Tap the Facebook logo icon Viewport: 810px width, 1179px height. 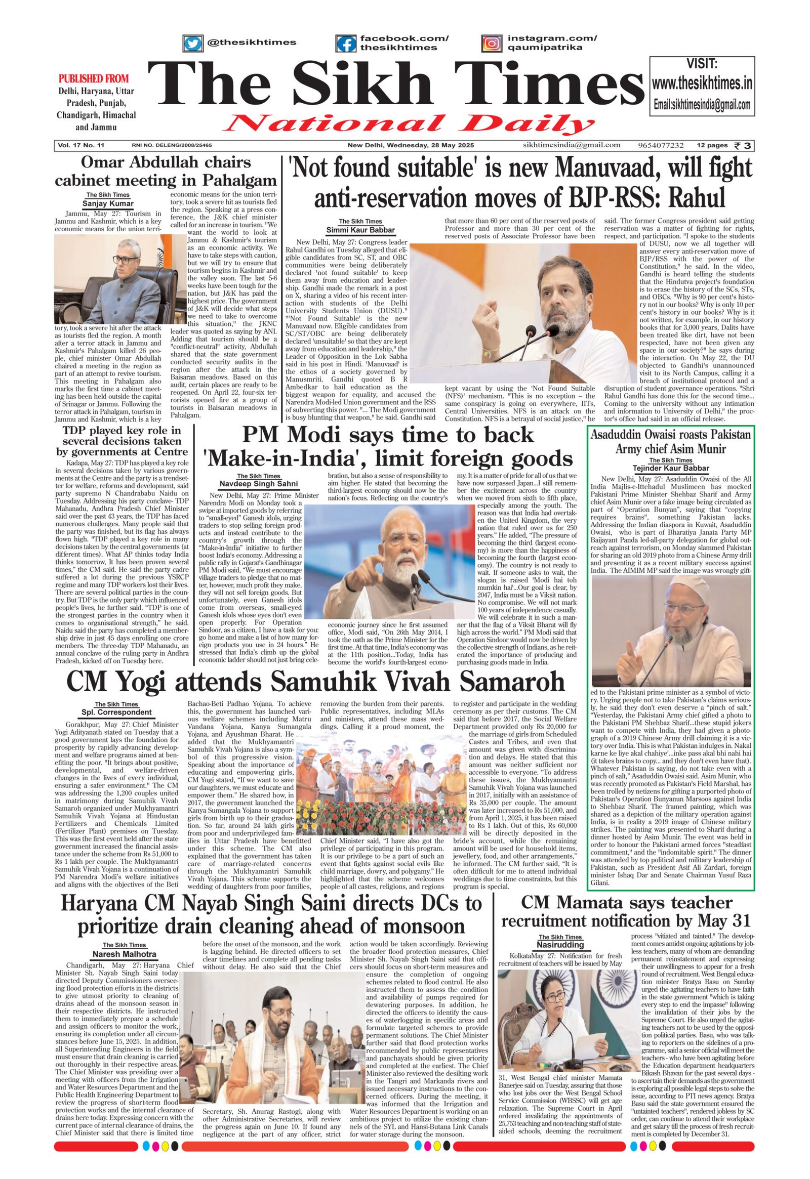(347, 43)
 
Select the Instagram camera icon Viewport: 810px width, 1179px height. (491, 43)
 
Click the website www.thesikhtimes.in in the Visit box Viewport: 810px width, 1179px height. (701, 83)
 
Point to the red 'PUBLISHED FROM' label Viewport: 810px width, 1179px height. (94, 78)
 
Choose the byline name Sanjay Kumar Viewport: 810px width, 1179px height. (108, 203)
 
